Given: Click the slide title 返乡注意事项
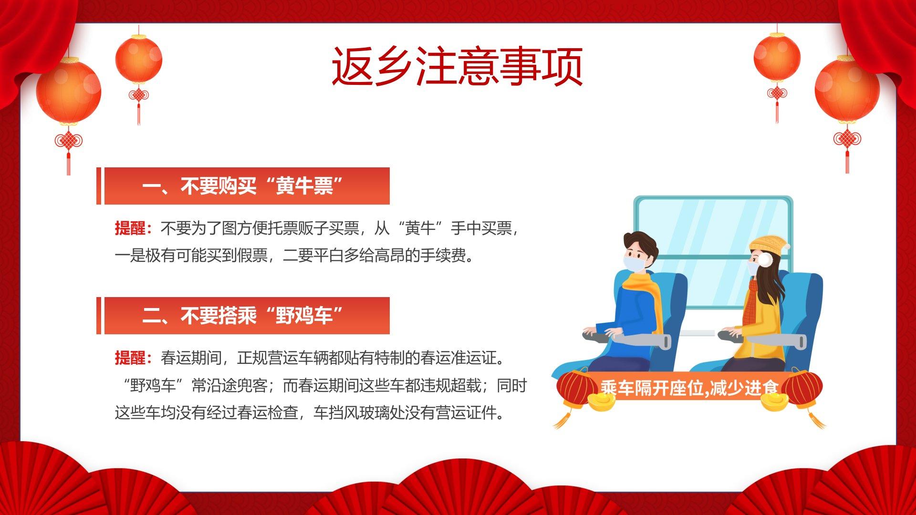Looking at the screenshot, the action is click(x=457, y=66).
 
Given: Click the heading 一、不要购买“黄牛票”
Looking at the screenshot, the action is click(x=243, y=186).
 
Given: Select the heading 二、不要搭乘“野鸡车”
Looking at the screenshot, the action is click(x=243, y=316).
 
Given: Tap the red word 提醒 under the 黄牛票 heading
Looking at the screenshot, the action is click(x=130, y=228).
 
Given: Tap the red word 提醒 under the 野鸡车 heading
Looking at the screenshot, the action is click(x=130, y=358).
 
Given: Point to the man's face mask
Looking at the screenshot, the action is click(x=634, y=263).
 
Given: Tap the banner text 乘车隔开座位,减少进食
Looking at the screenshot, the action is click(x=690, y=388).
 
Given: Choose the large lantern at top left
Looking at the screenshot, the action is click(x=69, y=91).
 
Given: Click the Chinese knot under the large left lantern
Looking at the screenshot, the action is click(x=69, y=141).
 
